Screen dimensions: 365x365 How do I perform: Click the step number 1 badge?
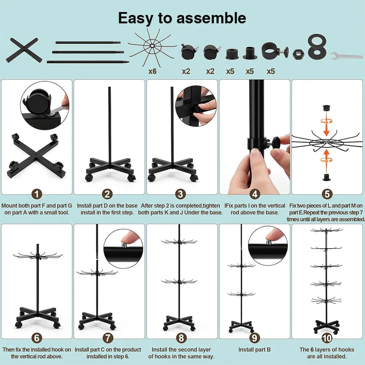click(36, 194)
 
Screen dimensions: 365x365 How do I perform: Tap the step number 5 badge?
click(327, 194)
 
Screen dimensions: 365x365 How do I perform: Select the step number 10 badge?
click(327, 338)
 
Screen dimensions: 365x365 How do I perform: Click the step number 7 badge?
click(108, 338)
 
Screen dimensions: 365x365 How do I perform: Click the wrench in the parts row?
click(346, 56)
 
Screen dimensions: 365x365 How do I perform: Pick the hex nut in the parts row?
click(298, 54)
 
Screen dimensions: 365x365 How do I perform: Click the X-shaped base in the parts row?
click(24, 50)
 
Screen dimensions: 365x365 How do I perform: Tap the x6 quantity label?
click(152, 71)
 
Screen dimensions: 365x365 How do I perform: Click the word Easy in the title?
click(136, 18)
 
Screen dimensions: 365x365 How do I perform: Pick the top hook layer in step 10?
click(326, 230)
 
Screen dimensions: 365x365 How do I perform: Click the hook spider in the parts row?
click(152, 46)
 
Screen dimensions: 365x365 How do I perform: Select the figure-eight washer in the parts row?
click(317, 47)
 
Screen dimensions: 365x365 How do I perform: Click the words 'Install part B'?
click(255, 349)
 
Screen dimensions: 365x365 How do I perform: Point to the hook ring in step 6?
click(38, 256)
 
